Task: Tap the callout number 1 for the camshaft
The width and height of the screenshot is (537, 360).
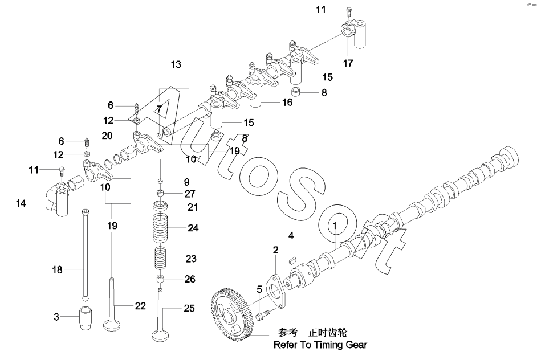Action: tap(335, 226)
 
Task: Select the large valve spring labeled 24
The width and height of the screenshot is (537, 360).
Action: tap(160, 227)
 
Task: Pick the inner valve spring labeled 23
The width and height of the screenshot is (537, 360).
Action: tap(160, 259)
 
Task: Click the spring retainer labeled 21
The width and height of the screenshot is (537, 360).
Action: tap(160, 206)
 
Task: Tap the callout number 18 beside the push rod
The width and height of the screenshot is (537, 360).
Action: tap(57, 269)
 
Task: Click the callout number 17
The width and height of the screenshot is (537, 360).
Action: tap(348, 63)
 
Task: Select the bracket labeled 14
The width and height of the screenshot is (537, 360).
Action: tap(56, 199)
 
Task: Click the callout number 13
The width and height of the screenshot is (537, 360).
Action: tap(176, 64)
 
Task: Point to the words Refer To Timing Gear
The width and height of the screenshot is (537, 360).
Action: tap(320, 345)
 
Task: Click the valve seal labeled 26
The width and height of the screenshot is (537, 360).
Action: tap(160, 279)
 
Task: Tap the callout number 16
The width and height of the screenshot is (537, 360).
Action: tap(287, 102)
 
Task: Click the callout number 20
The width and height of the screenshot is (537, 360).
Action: tap(107, 136)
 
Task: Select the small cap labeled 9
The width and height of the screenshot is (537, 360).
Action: tap(160, 181)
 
